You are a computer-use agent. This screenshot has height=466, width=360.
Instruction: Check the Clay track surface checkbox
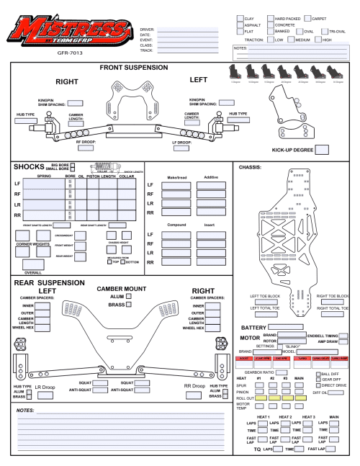tap(240, 18)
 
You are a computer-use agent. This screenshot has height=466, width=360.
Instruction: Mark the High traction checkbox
tap(318, 40)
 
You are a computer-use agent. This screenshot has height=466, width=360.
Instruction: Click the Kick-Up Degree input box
tap(322, 150)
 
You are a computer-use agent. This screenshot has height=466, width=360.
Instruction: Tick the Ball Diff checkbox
tap(318, 374)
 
